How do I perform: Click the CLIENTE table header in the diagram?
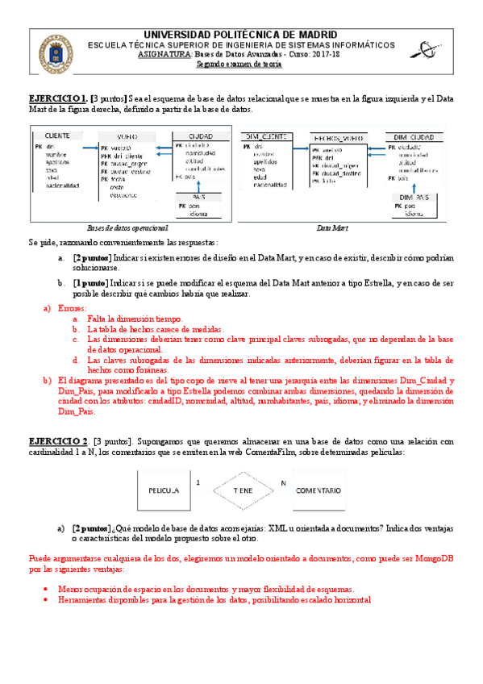tap(62, 136)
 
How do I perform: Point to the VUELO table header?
tap(131, 136)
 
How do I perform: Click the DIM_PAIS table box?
tap(414, 206)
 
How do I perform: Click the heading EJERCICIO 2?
tap(59, 441)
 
